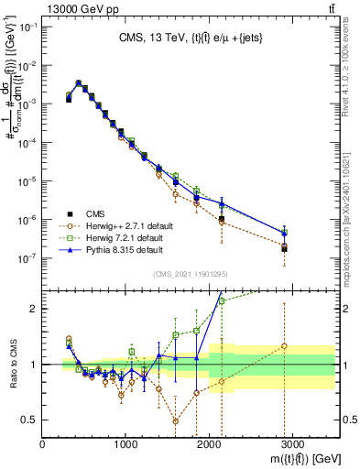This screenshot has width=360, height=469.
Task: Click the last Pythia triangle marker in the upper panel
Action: pyautogui.click(x=284, y=233)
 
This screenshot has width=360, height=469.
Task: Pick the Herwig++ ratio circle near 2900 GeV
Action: pyautogui.click(x=284, y=346)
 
